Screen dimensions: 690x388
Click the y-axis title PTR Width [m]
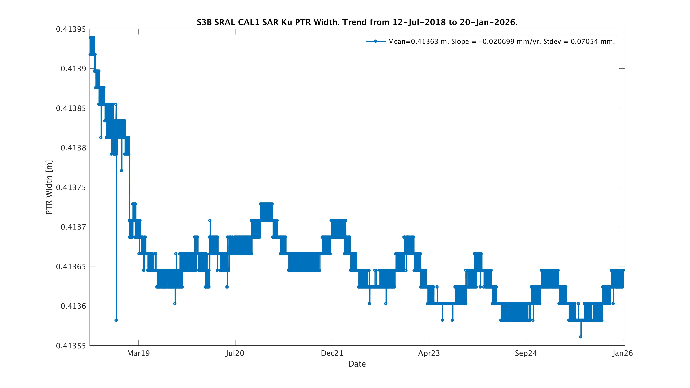(49, 187)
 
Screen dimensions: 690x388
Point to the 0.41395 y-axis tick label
(71, 29)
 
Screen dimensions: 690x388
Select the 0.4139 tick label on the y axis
(73, 69)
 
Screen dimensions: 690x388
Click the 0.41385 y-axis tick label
(71, 108)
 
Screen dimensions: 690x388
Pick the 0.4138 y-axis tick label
(73, 148)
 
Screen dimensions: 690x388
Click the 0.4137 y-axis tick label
(73, 227)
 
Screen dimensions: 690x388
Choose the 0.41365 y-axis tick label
(71, 266)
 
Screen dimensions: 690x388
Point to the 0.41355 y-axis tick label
(71, 346)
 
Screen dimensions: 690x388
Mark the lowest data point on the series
(581, 337)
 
